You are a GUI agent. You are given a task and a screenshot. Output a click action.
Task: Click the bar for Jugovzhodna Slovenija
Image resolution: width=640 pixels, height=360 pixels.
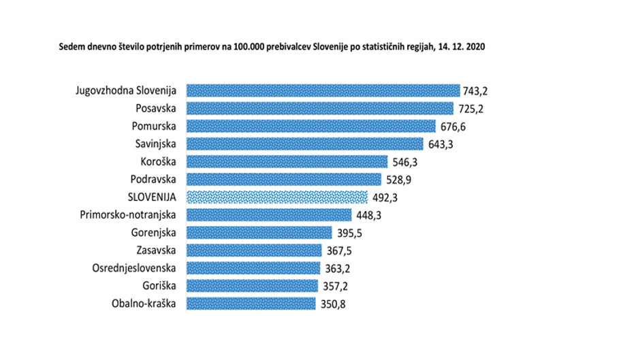coord(323,91)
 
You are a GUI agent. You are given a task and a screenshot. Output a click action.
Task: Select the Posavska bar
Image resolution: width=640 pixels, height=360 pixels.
coord(319,108)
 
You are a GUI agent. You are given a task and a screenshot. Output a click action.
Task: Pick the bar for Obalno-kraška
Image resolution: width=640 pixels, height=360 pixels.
coord(251,304)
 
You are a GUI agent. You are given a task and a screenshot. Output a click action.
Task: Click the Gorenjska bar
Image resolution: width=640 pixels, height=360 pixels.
coord(259,233)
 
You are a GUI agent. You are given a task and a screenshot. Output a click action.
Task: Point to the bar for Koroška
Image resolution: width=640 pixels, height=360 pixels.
coord(287,162)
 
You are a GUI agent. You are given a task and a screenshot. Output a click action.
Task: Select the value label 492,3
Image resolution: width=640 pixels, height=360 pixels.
coord(385,197)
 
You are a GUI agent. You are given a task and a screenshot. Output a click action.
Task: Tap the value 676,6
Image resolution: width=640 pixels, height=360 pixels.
coord(453,127)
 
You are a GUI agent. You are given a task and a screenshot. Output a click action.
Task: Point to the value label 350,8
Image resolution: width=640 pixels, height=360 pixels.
coord(333,304)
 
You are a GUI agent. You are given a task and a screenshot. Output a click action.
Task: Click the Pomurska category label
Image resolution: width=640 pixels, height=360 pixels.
coord(154,126)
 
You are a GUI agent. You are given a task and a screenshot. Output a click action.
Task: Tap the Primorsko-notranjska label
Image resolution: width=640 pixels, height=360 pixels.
coord(129,214)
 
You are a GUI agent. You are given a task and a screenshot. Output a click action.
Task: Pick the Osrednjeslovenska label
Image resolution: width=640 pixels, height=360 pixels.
coord(134,268)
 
